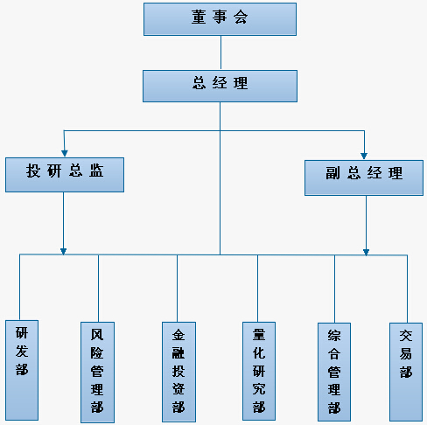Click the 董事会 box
(x=220, y=19)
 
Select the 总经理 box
(x=220, y=86)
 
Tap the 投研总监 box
(x=65, y=175)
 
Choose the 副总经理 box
(x=364, y=178)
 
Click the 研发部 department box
(x=22, y=370)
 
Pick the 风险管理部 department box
(x=97, y=373)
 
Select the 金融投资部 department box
(x=178, y=372)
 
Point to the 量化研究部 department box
(x=259, y=371)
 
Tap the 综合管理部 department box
(x=334, y=372)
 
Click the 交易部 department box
(x=406, y=372)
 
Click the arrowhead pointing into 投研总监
(x=65, y=154)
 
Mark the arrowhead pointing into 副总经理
(x=364, y=156)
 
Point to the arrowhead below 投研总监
(x=63, y=251)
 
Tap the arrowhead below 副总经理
(x=366, y=252)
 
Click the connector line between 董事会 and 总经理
(x=220, y=52)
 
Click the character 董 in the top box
(x=199, y=17)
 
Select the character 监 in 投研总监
(x=96, y=171)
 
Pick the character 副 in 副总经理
(x=332, y=173)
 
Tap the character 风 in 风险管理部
(x=97, y=335)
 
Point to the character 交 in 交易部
(x=406, y=336)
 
